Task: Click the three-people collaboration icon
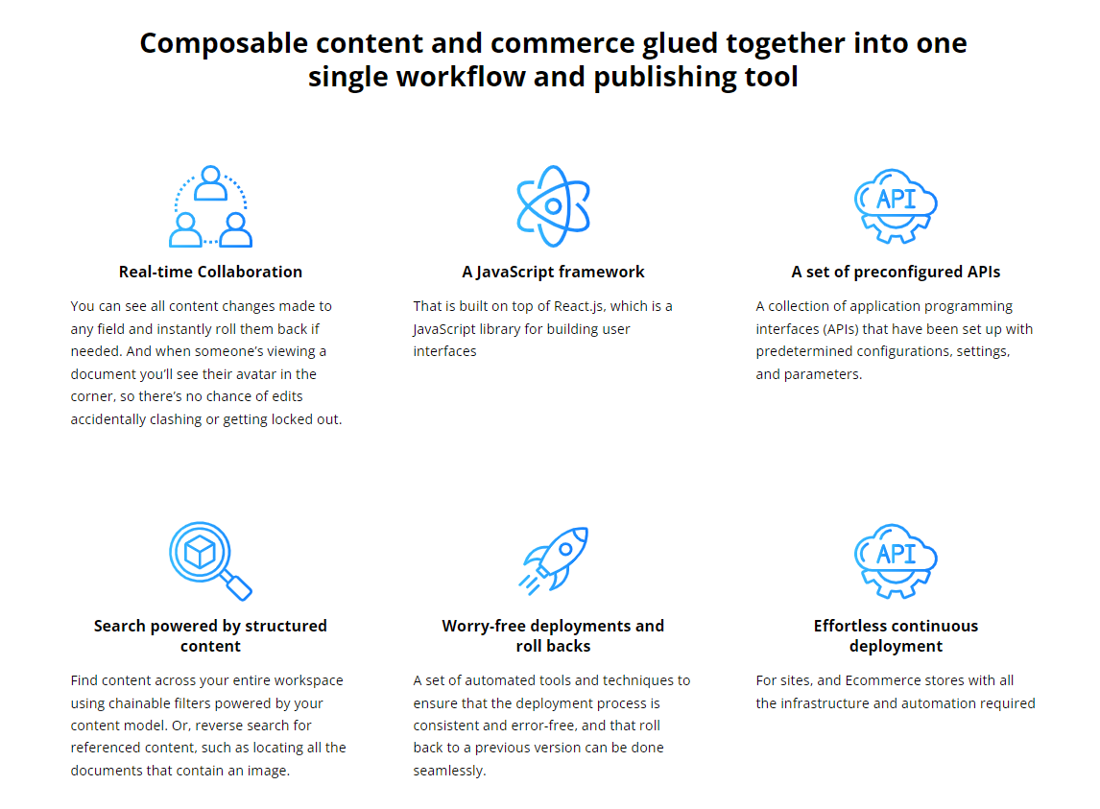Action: point(210,206)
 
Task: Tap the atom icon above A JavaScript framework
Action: point(553,205)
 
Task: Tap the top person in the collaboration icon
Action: point(210,183)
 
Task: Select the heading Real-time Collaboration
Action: point(210,272)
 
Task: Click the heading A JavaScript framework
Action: point(553,272)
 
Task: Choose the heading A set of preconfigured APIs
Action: point(896,272)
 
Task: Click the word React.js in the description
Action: point(582,306)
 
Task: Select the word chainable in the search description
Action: point(144,703)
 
